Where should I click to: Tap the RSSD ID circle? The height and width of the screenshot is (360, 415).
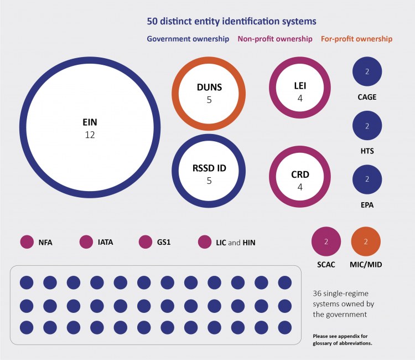click(208, 171)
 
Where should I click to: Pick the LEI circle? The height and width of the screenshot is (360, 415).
click(299, 88)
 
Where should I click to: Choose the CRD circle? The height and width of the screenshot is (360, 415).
click(299, 177)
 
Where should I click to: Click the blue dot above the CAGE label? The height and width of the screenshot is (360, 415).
click(367, 72)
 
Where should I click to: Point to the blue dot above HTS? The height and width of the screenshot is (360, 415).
click(367, 126)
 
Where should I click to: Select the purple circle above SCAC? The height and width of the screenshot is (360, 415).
click(326, 242)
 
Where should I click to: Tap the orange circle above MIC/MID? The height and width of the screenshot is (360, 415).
click(366, 242)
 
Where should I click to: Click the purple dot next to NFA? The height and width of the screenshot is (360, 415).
click(27, 242)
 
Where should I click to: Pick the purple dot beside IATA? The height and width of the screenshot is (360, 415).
click(86, 242)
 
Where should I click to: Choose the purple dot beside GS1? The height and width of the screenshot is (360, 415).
click(146, 242)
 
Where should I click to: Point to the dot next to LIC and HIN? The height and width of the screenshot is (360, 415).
click(205, 242)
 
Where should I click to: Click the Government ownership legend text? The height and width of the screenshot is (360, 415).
click(188, 39)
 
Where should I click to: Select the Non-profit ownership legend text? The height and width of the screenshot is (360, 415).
click(274, 39)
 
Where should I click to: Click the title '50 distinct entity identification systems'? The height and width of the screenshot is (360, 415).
click(231, 22)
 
